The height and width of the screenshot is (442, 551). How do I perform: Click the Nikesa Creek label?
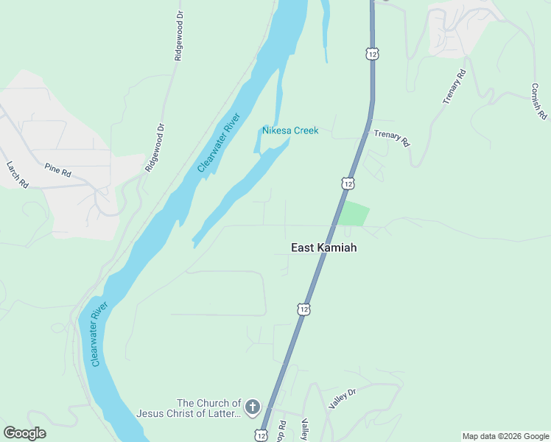tap(290, 130)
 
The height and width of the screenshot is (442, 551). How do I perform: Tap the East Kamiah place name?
tap(323, 248)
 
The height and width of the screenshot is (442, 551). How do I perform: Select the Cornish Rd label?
tap(539, 100)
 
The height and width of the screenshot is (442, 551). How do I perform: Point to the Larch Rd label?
tap(17, 175)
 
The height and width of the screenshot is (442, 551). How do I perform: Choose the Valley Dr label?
tap(343, 399)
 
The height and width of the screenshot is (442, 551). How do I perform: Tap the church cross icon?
tap(252, 407)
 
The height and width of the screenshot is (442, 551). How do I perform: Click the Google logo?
tap(24, 432)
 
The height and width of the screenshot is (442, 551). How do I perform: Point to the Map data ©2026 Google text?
tap(505, 436)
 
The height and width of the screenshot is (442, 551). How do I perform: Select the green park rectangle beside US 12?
tap(353, 214)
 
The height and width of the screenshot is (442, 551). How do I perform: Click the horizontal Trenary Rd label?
tap(390, 138)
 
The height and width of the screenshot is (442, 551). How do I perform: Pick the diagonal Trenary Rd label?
tap(455, 87)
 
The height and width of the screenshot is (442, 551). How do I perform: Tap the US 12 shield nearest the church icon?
tap(262, 435)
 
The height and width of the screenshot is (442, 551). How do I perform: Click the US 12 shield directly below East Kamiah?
tap(303, 309)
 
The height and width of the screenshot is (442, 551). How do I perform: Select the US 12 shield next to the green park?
tap(347, 183)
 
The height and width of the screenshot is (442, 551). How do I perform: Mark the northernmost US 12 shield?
tap(372, 54)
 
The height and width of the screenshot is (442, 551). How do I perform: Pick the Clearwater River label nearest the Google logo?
tap(99, 334)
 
